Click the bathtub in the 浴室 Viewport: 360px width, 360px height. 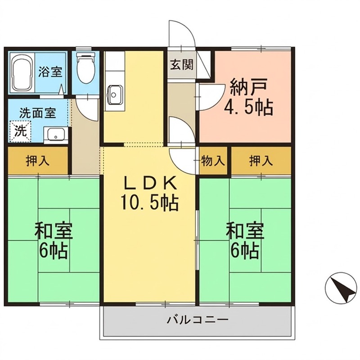coord(21,72)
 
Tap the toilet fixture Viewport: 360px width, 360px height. coord(85,67)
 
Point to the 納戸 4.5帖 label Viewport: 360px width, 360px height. coord(249,97)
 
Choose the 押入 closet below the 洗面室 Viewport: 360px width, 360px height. coord(37,161)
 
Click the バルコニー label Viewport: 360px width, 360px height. coord(198,321)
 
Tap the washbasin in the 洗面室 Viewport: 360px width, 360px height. coord(55,135)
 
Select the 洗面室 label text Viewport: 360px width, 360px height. coord(37,112)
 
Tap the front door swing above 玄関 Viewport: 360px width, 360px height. coord(181,34)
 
